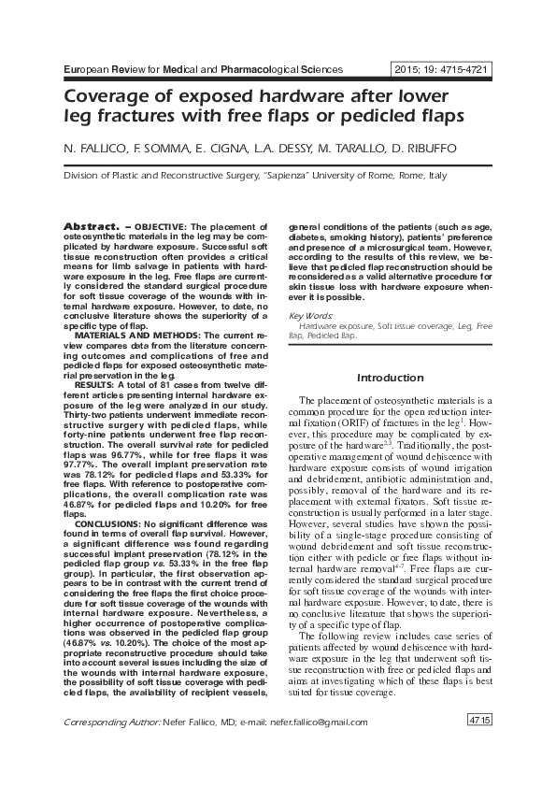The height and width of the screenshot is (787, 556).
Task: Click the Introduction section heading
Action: click(x=391, y=378)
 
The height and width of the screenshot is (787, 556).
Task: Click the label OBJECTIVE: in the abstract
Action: click(x=161, y=228)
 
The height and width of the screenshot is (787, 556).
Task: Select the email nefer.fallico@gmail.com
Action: click(x=317, y=723)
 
